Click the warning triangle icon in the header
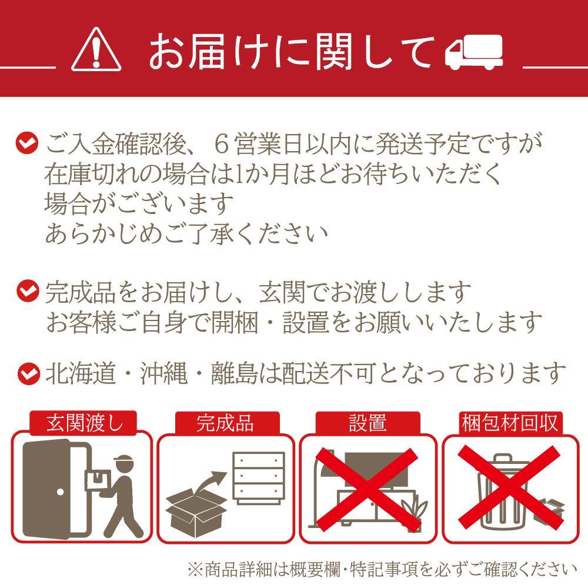[x=96, y=49]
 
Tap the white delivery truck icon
[x=473, y=52]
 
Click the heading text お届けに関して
[x=292, y=51]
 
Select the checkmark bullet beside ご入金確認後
[x=27, y=143]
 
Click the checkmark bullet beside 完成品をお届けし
[x=28, y=291]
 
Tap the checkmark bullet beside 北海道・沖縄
[x=29, y=373]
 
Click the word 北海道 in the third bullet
[x=80, y=373]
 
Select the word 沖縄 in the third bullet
[x=163, y=373]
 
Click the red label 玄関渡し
[x=83, y=423]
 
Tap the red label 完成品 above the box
[x=226, y=423]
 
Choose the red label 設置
[x=368, y=423]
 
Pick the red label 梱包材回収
[x=510, y=423]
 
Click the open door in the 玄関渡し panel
[x=56, y=490]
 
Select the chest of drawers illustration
[x=258, y=479]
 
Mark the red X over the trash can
[x=510, y=488]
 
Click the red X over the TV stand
[x=367, y=489]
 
